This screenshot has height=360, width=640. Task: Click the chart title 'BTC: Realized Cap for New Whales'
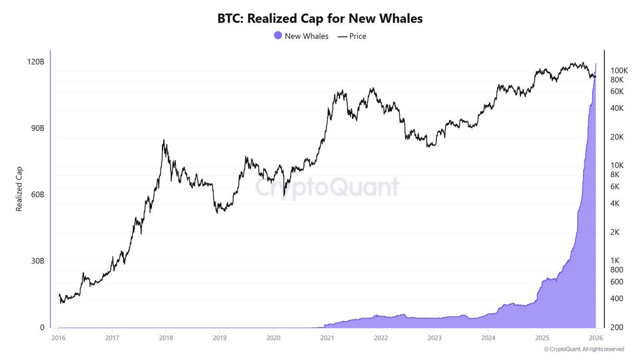319,19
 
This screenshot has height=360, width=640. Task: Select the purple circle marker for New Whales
277,36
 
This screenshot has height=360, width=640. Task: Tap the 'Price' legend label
357,36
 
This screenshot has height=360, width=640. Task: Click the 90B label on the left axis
35,129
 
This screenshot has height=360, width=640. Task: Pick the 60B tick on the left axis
35,195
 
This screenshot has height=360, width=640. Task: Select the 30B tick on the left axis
35,261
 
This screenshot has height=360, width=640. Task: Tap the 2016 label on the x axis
59,338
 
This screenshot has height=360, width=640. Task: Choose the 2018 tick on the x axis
166,338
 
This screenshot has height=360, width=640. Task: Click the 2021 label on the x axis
327,338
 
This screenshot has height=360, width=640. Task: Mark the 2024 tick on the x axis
488,338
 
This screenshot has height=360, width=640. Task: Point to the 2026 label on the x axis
595,338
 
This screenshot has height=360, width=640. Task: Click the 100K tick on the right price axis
619,70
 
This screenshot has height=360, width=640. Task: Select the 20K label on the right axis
617,137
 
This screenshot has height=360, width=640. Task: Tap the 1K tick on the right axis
615,261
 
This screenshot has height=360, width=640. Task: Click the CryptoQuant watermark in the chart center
326,188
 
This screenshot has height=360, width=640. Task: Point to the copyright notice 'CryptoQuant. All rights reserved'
584,349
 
